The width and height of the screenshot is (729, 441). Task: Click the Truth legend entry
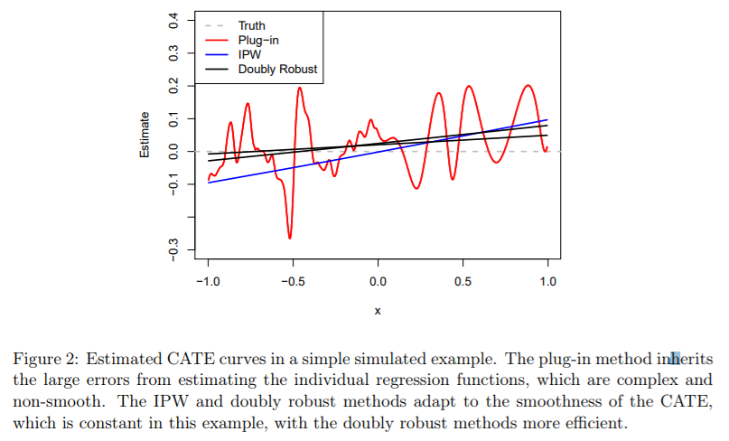tap(251, 25)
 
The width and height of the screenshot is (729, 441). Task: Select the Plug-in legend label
tap(257, 40)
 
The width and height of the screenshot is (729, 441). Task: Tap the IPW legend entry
tap(249, 54)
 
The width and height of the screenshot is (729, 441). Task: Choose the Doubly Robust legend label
tap(277, 69)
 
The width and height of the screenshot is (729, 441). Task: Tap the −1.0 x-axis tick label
tap(207, 281)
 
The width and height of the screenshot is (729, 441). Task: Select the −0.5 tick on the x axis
tap(292, 281)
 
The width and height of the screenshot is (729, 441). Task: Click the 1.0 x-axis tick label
tap(547, 281)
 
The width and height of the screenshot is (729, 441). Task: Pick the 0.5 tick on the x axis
tap(463, 281)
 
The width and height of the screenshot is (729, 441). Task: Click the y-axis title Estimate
tap(145, 135)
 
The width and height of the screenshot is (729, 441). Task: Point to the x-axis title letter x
tap(378, 311)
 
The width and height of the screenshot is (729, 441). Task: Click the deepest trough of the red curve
tap(290, 238)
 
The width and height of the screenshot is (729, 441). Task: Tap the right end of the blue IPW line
tap(547, 119)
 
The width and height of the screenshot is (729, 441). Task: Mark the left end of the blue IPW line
tap(208, 183)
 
